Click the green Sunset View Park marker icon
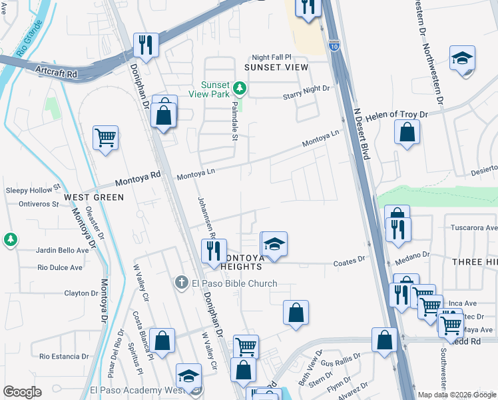(x=238, y=88)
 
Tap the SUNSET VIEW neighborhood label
(x=276, y=67)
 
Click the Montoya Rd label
(x=138, y=178)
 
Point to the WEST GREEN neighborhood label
(x=94, y=197)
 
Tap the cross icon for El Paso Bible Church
(x=181, y=283)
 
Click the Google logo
(x=22, y=391)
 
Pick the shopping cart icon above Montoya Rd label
(x=105, y=138)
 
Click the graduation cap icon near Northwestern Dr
(x=461, y=57)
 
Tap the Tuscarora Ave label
(x=473, y=227)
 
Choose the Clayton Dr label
(x=81, y=293)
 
